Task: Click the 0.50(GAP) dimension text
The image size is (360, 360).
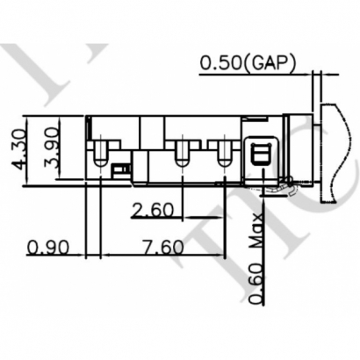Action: pos(248,62)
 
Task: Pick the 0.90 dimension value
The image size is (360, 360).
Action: pos(48,246)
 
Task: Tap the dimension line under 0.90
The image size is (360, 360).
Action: pos(53,256)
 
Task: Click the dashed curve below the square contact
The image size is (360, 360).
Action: pos(281,185)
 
